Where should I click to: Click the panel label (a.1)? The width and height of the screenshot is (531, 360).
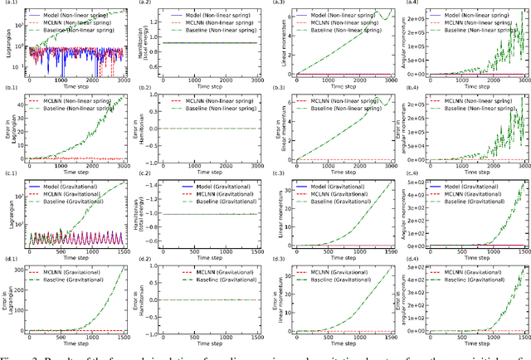pyautogui.click(x=9, y=3)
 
